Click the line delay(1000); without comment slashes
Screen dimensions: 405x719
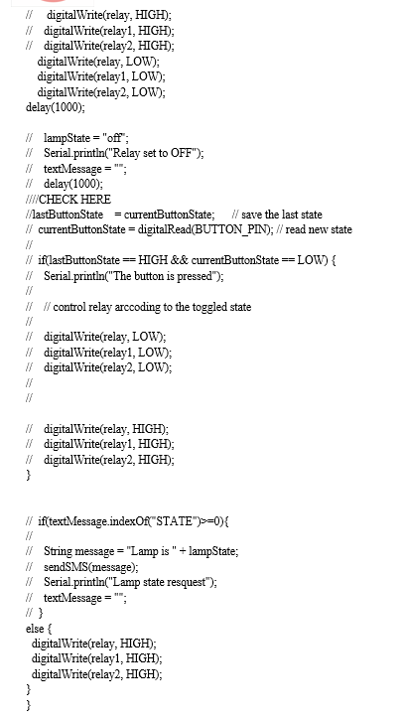[56, 107]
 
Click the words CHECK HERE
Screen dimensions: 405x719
[74, 200]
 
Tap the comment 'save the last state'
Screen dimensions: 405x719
[281, 215]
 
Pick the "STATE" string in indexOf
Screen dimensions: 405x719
[174, 521]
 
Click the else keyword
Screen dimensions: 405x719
[35, 629]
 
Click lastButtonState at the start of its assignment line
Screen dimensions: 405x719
[67, 215]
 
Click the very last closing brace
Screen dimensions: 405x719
[29, 705]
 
